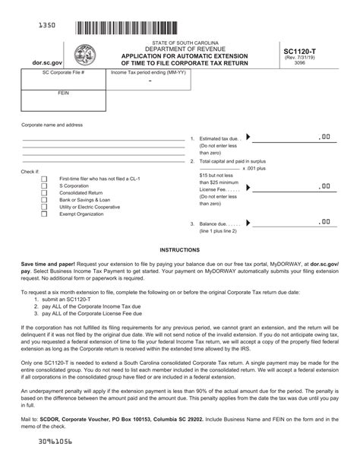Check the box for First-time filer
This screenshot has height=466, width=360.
(44, 179)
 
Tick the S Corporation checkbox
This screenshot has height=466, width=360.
(44, 185)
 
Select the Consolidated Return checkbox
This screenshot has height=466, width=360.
(44, 192)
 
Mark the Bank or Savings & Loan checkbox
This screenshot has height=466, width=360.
(44, 200)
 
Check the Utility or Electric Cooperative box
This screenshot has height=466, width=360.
(44, 207)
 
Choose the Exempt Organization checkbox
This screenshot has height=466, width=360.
(44, 214)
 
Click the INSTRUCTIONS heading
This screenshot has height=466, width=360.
(180, 249)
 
